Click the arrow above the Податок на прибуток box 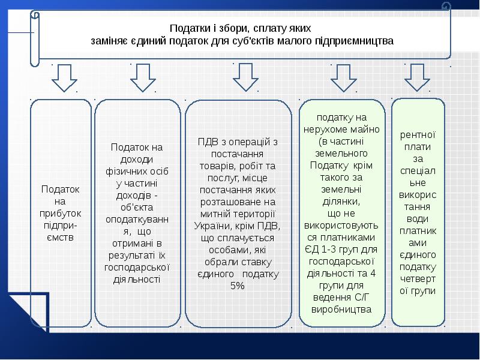[64, 77]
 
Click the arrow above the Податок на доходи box [142, 76]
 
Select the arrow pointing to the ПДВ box [245, 77]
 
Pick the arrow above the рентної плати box [418, 77]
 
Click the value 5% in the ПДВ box [236, 286]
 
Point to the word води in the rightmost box [418, 218]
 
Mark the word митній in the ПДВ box [208, 214]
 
